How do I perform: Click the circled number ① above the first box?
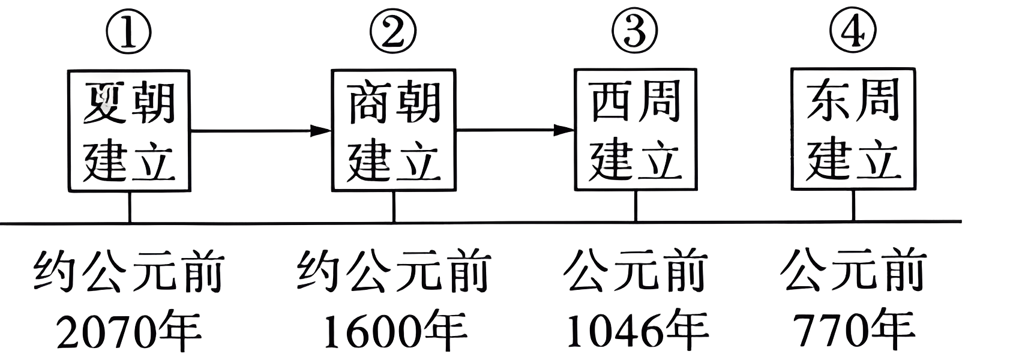point(128,32)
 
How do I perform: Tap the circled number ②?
point(392,32)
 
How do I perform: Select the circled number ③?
point(635,32)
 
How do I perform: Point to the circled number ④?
point(853,32)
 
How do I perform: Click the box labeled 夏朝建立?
point(129,130)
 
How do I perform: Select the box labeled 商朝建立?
point(394,130)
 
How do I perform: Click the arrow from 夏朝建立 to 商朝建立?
point(261,130)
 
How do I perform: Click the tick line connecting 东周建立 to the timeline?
point(853,206)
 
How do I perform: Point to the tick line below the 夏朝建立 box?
point(129,207)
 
